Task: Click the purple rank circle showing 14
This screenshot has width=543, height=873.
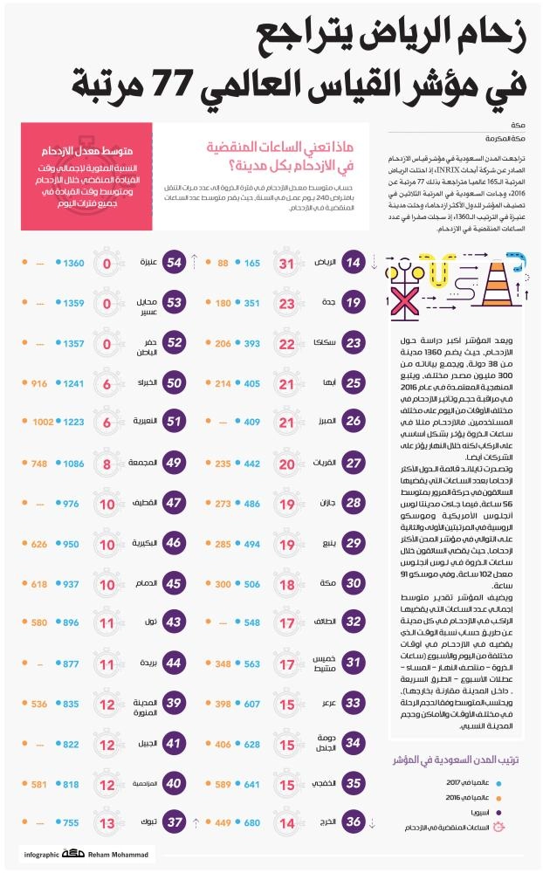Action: point(353,263)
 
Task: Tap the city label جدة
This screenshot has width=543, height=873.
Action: point(325,303)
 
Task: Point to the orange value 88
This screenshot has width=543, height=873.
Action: point(223,263)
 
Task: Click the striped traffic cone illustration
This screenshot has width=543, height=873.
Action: point(495,269)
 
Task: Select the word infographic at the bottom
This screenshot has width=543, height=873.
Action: point(39,855)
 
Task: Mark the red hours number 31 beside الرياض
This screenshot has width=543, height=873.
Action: point(286,263)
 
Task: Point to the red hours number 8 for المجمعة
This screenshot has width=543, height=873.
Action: point(107,463)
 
